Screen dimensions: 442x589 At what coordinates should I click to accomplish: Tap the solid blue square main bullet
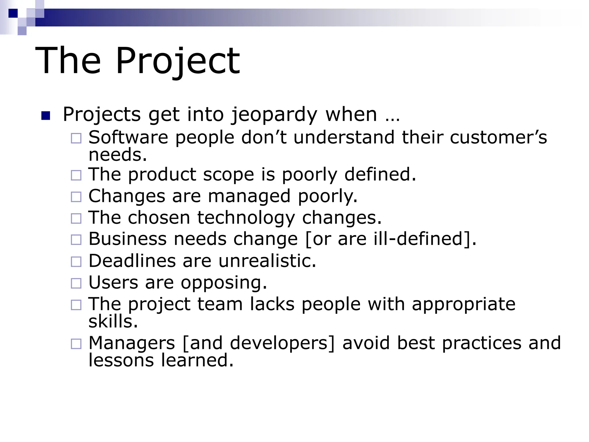[x=46, y=116]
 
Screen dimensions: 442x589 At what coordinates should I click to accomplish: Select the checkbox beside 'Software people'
[x=76, y=138]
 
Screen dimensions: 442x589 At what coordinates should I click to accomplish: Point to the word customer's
[x=498, y=137]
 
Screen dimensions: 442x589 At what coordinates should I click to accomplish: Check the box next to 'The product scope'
[x=76, y=175]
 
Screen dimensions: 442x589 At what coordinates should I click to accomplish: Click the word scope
[x=229, y=175]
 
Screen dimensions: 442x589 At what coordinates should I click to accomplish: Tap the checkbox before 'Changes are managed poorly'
[x=76, y=197]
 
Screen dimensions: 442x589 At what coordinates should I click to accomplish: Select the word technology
[x=246, y=218]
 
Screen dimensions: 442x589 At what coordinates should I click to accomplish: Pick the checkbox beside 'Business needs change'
[x=76, y=240]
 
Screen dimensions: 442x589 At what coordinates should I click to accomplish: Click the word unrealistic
[x=267, y=261]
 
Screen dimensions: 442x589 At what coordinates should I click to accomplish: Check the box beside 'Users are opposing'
[x=76, y=283]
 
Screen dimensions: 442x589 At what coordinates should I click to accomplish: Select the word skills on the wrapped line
[x=113, y=321]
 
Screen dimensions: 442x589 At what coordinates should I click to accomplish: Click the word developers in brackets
[x=279, y=343]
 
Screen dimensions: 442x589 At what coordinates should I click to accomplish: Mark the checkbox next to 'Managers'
[x=76, y=344]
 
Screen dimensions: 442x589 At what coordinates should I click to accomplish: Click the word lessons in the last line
[x=121, y=360]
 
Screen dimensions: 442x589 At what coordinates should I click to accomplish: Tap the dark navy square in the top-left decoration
[x=13, y=13]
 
